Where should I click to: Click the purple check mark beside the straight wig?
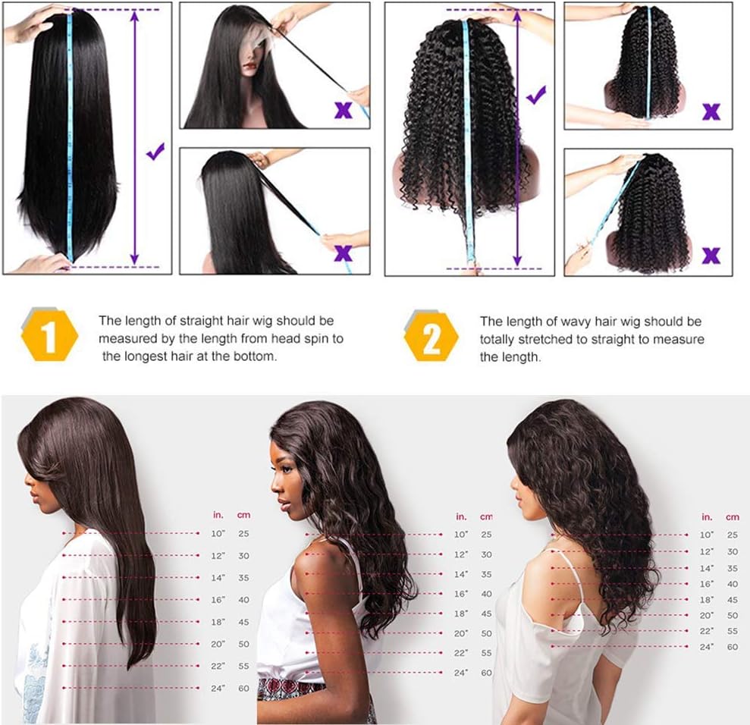(155, 151)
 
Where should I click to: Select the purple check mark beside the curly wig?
(536, 95)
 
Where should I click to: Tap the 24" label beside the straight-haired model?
(218, 688)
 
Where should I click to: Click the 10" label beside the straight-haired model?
(218, 533)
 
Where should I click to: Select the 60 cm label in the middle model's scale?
(486, 673)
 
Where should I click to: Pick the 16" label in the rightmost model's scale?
(707, 584)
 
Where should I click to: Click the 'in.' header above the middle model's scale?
(461, 516)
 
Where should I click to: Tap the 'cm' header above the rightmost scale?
(733, 517)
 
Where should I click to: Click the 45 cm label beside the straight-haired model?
(243, 622)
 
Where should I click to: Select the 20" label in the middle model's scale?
(461, 633)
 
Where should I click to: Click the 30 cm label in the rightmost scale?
(733, 551)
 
